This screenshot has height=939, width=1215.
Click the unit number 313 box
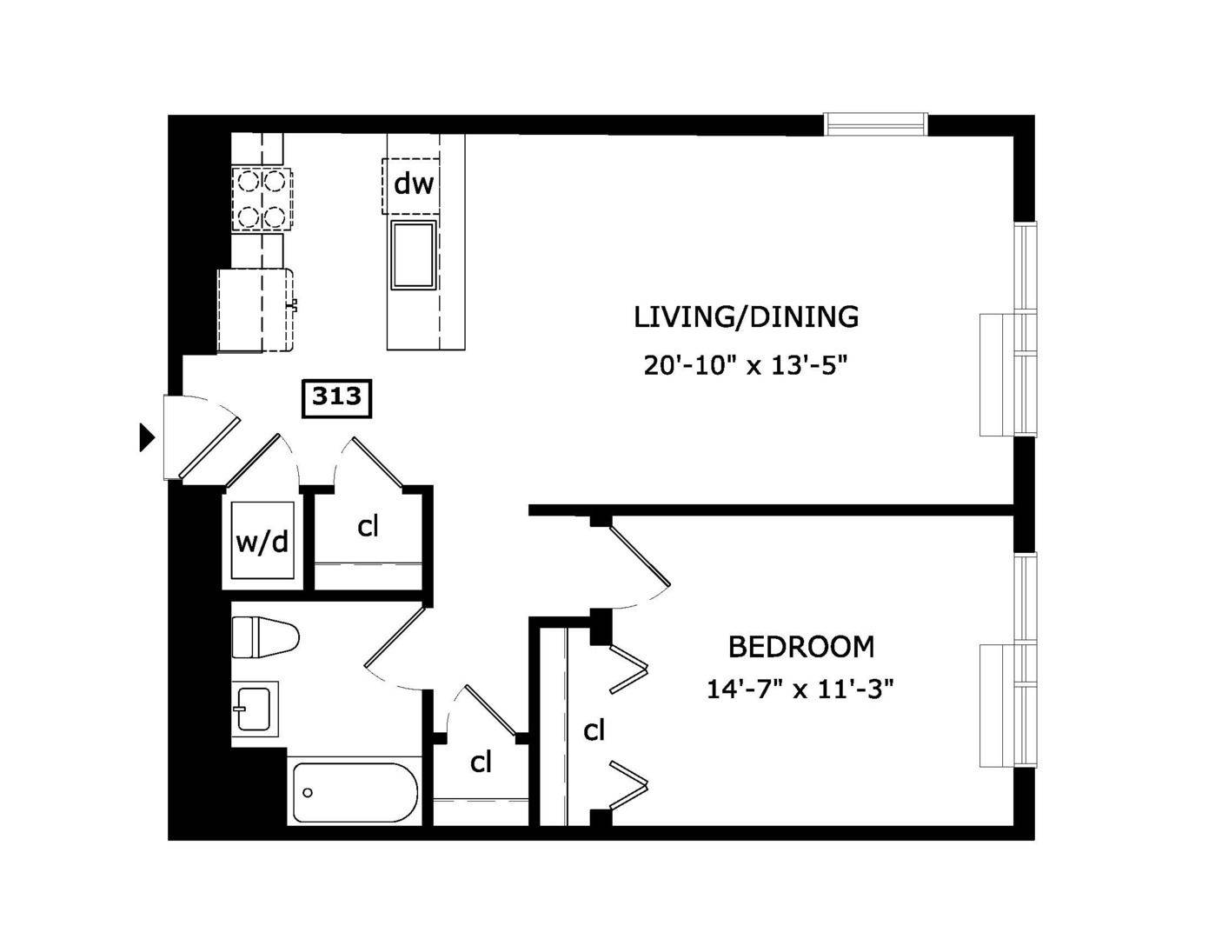[x=336, y=398]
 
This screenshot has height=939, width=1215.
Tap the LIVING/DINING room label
[x=746, y=317]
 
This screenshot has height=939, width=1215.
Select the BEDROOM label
[x=801, y=647]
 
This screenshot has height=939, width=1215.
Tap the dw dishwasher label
[x=413, y=184]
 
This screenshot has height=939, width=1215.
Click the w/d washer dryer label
[x=262, y=542]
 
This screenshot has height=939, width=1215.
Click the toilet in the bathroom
[x=265, y=637]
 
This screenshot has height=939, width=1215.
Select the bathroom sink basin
[x=255, y=709]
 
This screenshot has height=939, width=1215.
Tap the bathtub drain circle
[x=307, y=792]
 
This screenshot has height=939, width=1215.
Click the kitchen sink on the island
[x=413, y=255]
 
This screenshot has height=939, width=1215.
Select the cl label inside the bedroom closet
[x=594, y=729]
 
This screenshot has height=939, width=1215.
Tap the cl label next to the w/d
[x=368, y=526]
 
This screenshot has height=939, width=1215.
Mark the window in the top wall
[x=876, y=124]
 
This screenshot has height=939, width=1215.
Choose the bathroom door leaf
[x=395, y=637]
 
